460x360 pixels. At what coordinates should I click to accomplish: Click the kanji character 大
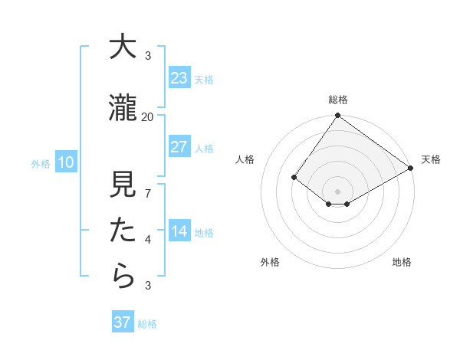point(123,47)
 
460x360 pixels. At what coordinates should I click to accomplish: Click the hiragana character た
point(123,230)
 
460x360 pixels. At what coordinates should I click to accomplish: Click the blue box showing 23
point(179,77)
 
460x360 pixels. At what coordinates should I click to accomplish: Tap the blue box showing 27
point(179,147)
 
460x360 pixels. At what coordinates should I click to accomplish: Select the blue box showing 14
point(179,232)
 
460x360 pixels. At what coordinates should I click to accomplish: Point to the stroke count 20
point(147,116)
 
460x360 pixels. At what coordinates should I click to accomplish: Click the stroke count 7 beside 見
point(148,193)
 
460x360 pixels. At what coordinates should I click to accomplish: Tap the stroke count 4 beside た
point(148,240)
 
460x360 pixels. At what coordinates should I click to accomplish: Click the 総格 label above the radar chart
point(338,100)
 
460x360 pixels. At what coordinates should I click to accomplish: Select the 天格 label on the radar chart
point(431,159)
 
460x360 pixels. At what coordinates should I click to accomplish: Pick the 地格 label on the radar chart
point(402,262)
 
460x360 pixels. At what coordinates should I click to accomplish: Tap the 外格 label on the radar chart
point(270,262)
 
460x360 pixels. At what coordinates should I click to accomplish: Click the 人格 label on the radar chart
point(245,159)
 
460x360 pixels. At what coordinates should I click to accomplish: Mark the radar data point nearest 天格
point(411,168)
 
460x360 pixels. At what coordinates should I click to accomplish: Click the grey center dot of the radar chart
point(337,191)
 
